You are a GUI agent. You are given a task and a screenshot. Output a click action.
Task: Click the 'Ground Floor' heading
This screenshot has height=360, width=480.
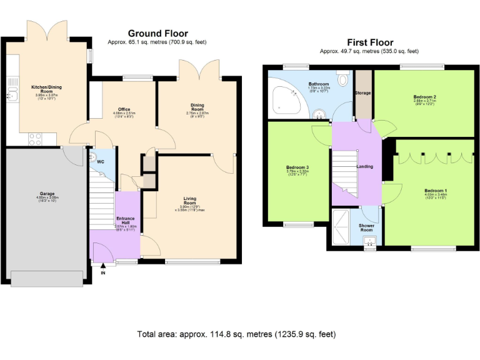click(157, 33)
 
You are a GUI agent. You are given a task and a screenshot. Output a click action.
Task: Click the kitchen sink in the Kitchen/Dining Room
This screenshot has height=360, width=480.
click(11, 96)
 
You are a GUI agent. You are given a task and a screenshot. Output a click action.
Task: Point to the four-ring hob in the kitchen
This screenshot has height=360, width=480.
click(35, 139)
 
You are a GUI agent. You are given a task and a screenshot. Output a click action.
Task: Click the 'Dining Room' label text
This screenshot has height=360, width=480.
click(197, 106)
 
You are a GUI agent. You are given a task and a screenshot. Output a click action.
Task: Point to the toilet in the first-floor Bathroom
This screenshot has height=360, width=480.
click(342, 80)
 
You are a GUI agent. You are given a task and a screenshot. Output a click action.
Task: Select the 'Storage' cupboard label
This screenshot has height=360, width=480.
click(362, 93)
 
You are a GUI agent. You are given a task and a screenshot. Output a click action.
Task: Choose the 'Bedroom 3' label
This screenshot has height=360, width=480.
click(297, 167)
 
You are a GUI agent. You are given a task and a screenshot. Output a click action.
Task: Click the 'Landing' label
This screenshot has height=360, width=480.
click(364, 167)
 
